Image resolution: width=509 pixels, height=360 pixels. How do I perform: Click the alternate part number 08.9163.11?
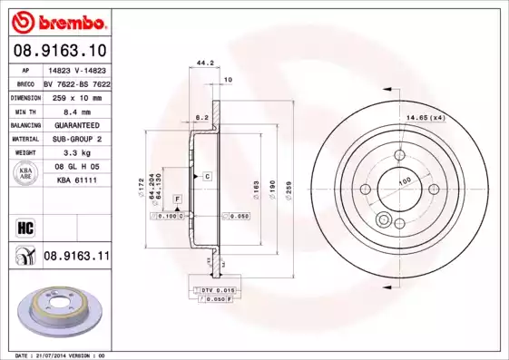coord(76,257)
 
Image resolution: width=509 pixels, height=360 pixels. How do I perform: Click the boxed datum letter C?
coord(207,175)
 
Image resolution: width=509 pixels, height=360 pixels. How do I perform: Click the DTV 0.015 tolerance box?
coord(215,288)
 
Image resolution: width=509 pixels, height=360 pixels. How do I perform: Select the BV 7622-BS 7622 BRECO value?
coord(76,81)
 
